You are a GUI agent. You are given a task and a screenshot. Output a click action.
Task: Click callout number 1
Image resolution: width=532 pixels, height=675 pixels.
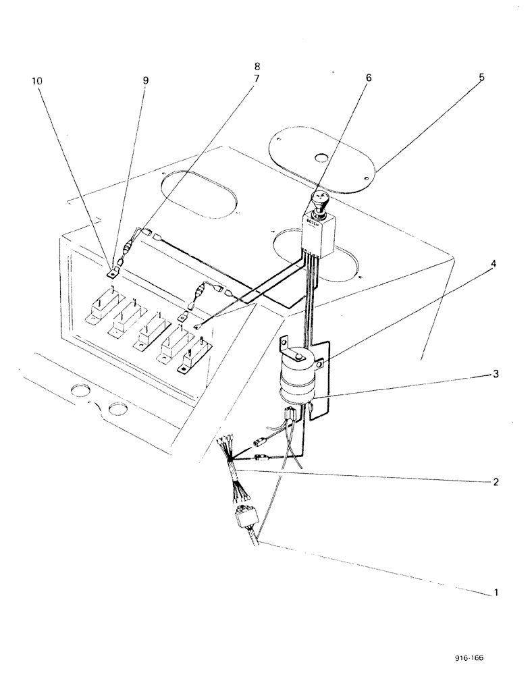[496, 593]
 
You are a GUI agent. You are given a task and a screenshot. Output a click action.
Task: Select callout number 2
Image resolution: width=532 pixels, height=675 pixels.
[496, 483]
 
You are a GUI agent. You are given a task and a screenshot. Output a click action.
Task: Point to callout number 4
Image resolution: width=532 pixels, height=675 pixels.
[494, 263]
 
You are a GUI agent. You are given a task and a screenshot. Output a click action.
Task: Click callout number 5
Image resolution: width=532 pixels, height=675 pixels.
[481, 78]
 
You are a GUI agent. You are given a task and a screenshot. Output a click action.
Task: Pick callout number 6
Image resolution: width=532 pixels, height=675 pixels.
[369, 78]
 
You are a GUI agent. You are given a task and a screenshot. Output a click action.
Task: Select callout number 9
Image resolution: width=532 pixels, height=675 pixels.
[145, 80]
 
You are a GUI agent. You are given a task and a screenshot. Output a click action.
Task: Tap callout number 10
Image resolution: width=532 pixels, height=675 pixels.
[36, 80]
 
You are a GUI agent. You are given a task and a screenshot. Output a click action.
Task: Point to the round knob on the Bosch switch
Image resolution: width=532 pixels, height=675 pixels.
[319, 200]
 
